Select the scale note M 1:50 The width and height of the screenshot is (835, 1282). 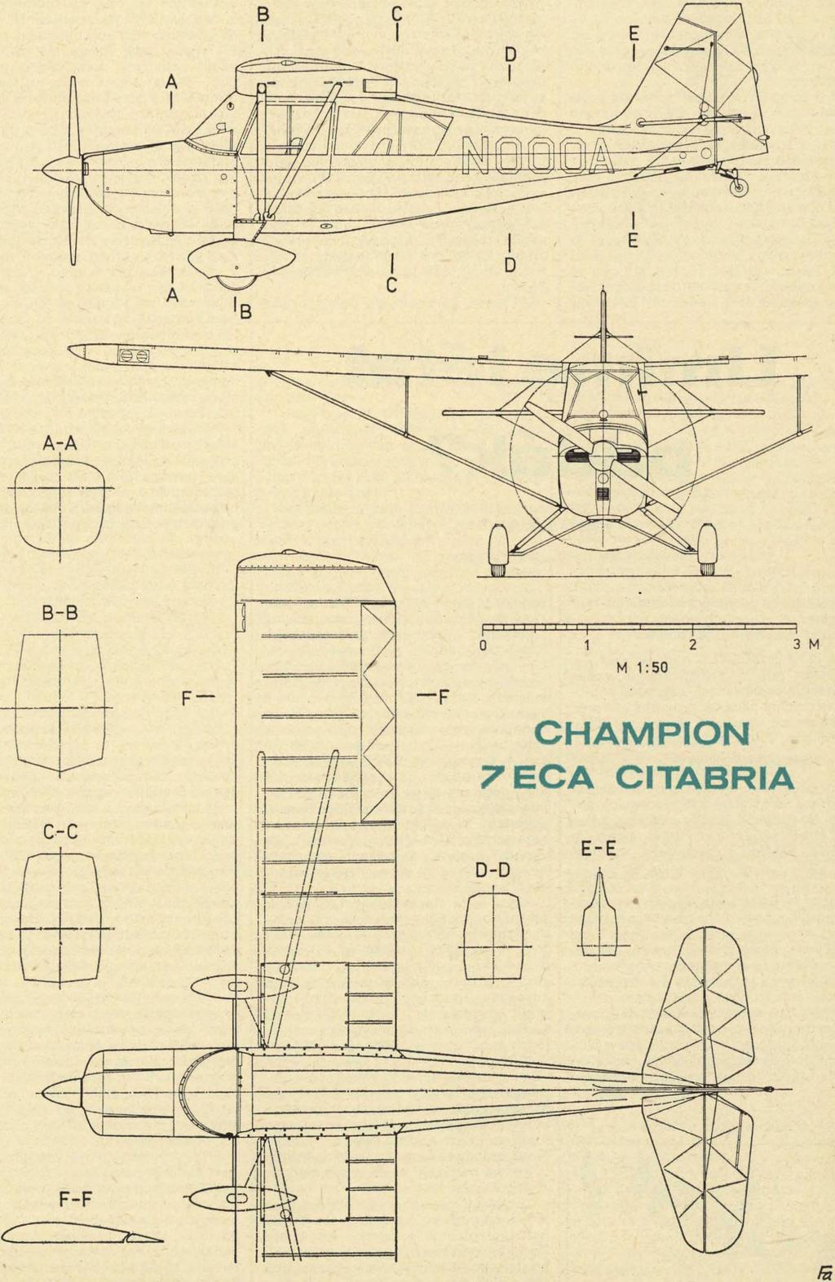pos(642,668)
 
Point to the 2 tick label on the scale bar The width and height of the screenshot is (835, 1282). pos(693,645)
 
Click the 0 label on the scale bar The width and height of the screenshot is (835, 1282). pos(484,645)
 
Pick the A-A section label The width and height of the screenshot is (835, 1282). pos(60,443)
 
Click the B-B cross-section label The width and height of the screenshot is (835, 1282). pos(60,614)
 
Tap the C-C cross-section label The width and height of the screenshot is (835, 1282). pos(60,832)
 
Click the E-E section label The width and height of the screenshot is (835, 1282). pos(599,849)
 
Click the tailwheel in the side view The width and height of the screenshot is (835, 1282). pos(740,187)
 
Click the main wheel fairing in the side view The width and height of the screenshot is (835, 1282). pos(241,262)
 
